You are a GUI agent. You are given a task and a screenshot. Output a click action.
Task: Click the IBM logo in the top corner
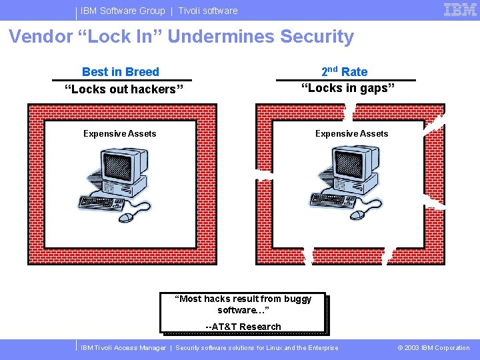click(x=460, y=10)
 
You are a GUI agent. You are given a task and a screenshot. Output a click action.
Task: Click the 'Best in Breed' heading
click(x=121, y=72)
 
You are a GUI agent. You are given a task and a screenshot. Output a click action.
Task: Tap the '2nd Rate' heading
click(x=344, y=72)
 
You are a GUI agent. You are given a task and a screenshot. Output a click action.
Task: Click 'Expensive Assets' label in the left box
click(x=120, y=134)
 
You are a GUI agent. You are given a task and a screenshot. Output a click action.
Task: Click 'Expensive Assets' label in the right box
click(x=351, y=134)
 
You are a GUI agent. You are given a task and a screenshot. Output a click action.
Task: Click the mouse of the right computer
click(x=358, y=215)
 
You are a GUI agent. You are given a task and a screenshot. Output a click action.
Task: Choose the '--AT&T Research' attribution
click(x=243, y=327)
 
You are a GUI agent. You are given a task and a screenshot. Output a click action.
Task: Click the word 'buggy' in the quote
click(x=297, y=299)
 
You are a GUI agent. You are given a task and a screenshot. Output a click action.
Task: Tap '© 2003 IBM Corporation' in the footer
click(x=433, y=348)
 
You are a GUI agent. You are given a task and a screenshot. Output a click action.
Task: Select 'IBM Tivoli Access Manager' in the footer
click(x=123, y=348)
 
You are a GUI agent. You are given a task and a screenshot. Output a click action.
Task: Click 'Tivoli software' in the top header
click(x=207, y=11)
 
